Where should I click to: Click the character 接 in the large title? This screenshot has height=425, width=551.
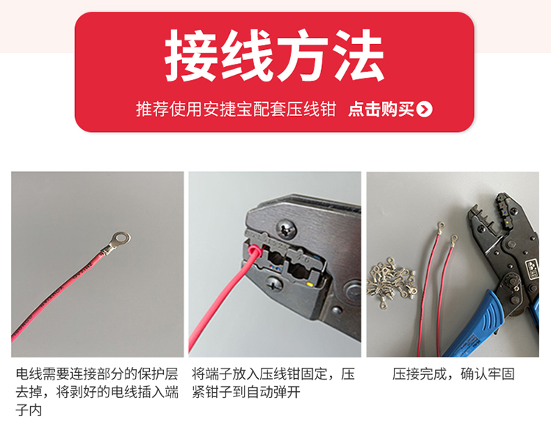(191, 57)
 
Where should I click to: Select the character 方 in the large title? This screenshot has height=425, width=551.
(302, 57)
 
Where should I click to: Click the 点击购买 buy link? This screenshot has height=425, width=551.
(381, 110)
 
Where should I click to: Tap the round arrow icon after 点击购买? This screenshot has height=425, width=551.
(424, 110)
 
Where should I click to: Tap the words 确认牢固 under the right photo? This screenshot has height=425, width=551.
(488, 374)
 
